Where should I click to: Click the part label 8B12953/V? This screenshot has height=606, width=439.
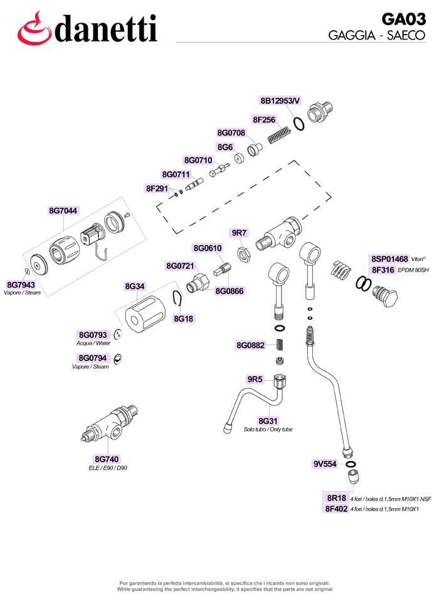click(280, 101)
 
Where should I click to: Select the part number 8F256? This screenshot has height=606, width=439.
click(264, 120)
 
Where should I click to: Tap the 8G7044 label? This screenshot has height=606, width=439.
click(63, 210)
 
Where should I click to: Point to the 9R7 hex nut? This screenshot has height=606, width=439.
click(245, 254)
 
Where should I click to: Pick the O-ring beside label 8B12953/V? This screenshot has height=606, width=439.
click(299, 124)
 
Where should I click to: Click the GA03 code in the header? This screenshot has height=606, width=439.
click(403, 19)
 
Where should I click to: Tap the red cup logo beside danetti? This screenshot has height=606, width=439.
click(34, 29)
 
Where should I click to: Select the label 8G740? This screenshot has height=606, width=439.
click(107, 459)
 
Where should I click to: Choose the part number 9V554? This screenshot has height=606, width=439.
click(325, 464)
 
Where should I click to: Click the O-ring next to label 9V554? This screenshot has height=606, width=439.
click(351, 464)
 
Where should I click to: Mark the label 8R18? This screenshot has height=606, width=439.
click(337, 498)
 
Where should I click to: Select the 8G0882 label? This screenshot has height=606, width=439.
click(251, 345)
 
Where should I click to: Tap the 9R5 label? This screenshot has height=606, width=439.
click(255, 379)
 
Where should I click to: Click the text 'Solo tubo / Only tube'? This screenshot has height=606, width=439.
click(268, 430)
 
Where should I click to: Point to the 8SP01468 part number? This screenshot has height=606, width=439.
click(389, 259)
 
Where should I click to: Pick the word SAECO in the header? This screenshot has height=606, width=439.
click(406, 35)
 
